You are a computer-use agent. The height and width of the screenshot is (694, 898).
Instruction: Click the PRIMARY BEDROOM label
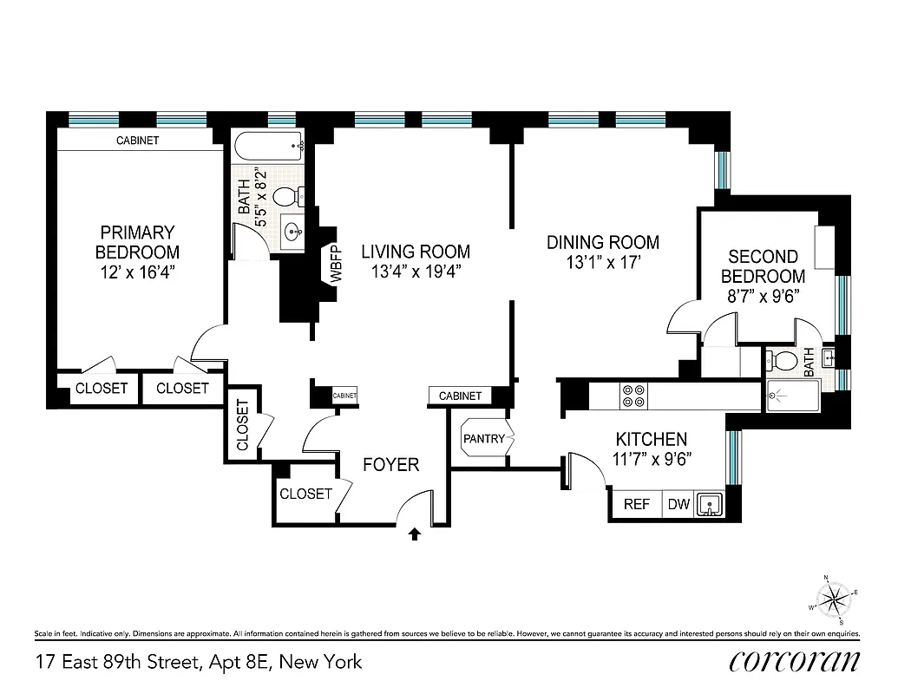[x=137, y=242]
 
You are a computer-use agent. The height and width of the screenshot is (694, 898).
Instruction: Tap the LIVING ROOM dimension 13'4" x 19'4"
[x=416, y=272]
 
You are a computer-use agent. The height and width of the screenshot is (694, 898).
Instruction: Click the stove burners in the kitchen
[x=633, y=396]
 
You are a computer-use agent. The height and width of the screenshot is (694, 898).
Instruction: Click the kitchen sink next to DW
[x=710, y=504]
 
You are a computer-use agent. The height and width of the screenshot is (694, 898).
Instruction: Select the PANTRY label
[x=483, y=439]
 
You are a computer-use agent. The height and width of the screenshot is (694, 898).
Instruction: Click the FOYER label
[x=390, y=465]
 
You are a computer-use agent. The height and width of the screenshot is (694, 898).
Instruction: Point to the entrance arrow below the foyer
[x=414, y=534]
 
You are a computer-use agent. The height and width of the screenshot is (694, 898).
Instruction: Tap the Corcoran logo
[x=795, y=661]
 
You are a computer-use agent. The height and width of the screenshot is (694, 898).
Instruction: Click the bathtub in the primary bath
[x=268, y=146]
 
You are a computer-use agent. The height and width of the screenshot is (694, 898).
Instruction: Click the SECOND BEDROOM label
[x=763, y=266]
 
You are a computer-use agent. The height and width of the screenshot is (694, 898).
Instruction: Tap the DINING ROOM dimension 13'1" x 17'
[x=602, y=263]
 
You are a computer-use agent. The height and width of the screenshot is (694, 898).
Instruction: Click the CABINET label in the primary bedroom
[x=137, y=141]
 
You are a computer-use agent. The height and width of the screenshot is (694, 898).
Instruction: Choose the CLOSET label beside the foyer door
[x=305, y=494]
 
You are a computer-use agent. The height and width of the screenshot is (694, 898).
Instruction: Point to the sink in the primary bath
[x=292, y=231]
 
